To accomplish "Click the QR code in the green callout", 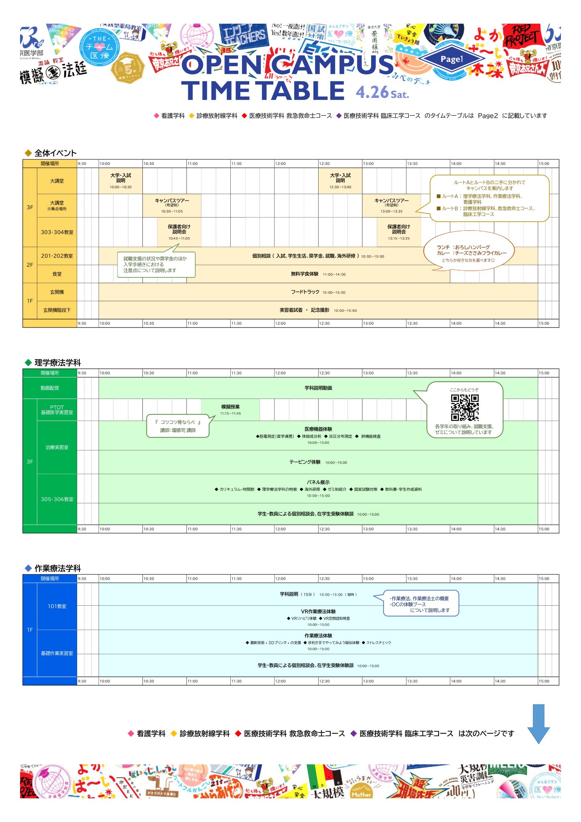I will pos(465,407).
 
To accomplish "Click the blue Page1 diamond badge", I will pos(452,59).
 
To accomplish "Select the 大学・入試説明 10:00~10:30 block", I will pos(121,181).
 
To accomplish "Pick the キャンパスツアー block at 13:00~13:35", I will pos(392,205).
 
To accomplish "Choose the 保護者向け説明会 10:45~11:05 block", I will pos(179,232).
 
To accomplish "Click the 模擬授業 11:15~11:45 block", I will pos(230,409).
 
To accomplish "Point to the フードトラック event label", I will pos(305,292).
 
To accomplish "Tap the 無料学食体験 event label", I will pos(305,274).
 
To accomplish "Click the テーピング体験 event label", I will pos(305,462).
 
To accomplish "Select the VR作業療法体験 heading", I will pos(318,612).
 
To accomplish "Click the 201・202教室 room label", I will pos(57,256).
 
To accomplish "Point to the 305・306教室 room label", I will pos(57,499).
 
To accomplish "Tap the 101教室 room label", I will pos(57,606).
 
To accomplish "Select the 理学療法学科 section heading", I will pos(57,363).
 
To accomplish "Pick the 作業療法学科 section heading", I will pos(57,568).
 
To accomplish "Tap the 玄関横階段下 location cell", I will pos(57,310).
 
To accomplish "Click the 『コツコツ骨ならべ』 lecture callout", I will pos(178,426).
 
